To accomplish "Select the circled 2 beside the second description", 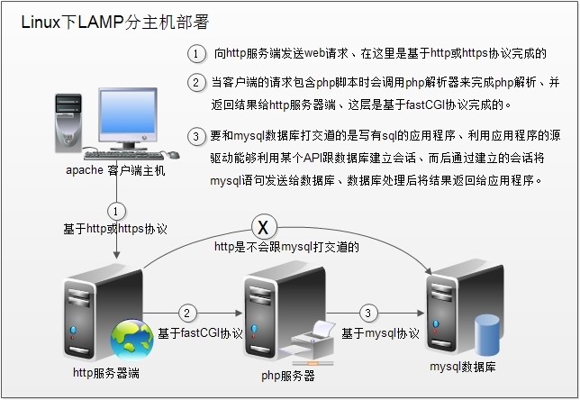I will coord(197,82).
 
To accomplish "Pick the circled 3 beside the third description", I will coord(197,137).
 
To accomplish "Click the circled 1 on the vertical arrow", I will coord(115,210).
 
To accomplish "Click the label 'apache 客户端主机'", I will coord(115,170).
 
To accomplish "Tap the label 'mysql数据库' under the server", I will coord(462,367).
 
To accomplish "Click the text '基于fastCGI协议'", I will coord(200,333).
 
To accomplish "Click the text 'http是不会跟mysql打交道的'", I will coord(287,245).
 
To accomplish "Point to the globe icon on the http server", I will coord(131,340).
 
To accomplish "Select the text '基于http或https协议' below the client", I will coord(115,230).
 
